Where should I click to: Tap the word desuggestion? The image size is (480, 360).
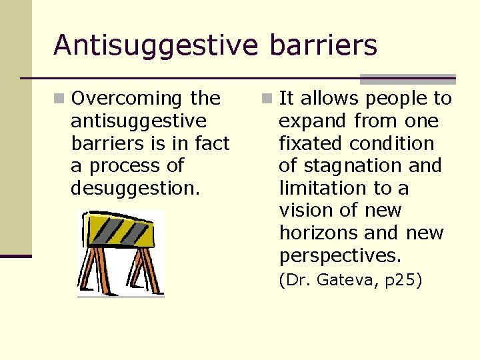(x=135, y=189)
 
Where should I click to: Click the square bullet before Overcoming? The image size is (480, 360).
(x=61, y=99)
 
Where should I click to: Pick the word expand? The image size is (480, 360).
(x=313, y=121)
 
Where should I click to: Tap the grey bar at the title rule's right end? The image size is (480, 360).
(x=407, y=79)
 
